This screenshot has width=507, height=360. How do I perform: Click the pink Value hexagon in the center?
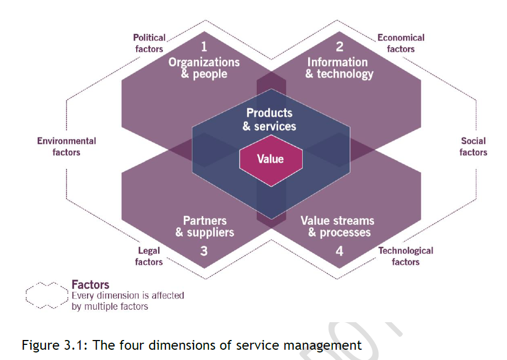(x=270, y=159)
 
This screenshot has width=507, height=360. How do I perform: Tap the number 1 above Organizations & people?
(x=204, y=47)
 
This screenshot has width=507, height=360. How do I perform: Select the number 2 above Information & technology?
(x=339, y=47)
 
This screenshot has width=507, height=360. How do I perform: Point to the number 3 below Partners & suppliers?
(x=204, y=250)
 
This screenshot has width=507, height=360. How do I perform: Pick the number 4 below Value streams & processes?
(x=339, y=250)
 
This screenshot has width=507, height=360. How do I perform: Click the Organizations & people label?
(x=204, y=68)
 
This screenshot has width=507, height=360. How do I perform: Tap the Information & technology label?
(x=339, y=68)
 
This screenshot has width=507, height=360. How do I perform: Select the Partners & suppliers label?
(x=205, y=226)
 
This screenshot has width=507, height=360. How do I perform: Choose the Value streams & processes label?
(x=338, y=226)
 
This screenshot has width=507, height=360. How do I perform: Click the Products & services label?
(x=269, y=119)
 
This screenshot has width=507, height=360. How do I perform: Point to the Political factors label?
(x=149, y=43)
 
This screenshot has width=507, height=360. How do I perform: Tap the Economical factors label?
(x=401, y=43)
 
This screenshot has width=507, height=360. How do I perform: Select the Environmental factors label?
(x=66, y=146)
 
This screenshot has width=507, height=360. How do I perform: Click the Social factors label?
(x=473, y=146)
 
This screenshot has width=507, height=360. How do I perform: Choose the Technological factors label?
(x=405, y=256)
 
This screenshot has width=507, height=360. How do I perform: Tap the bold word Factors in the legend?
(x=90, y=285)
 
